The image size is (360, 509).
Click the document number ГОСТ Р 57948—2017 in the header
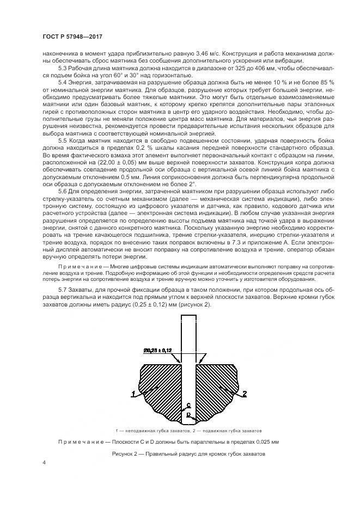click(73, 36)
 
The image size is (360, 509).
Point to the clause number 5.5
click(63, 140)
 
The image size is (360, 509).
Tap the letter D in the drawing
click(188, 415)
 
